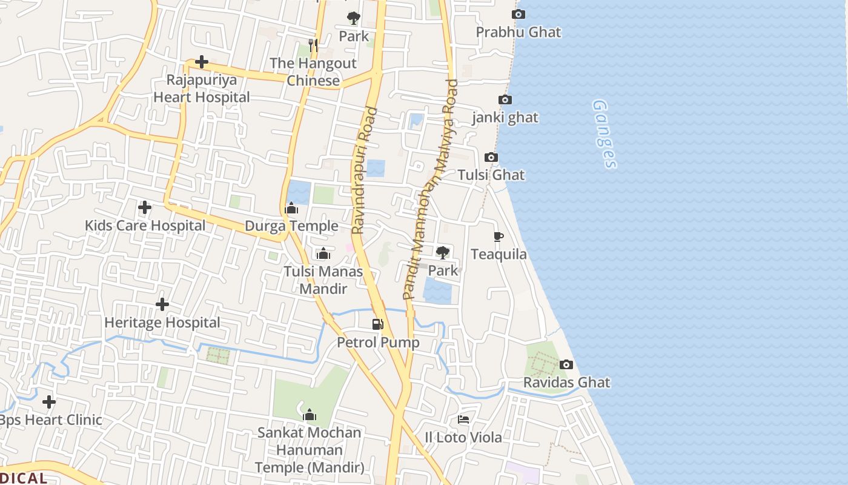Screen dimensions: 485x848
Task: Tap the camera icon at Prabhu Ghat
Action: click(x=518, y=15)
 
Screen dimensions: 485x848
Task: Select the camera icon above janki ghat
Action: click(x=505, y=100)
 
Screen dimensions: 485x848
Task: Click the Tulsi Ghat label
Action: click(x=491, y=175)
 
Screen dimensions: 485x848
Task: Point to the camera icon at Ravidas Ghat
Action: click(x=566, y=364)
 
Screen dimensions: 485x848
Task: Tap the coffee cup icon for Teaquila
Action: click(x=499, y=236)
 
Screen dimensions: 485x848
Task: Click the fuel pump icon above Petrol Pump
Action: click(x=378, y=324)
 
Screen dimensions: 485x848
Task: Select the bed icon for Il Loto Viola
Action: click(x=463, y=420)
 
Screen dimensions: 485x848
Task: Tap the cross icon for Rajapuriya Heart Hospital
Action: click(x=201, y=62)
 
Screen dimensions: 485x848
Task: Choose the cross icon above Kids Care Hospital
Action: click(x=145, y=207)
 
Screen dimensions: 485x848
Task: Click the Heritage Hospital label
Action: click(x=162, y=323)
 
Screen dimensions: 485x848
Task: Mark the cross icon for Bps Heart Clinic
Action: click(x=49, y=402)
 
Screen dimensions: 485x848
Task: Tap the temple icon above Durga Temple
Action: click(x=291, y=209)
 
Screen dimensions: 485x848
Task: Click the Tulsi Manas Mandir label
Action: click(x=323, y=280)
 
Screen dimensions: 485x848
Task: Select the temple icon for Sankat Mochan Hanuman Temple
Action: click(x=310, y=415)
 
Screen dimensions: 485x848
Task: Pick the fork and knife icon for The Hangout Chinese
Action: click(x=313, y=45)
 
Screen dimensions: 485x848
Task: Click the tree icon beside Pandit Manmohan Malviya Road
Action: click(x=443, y=252)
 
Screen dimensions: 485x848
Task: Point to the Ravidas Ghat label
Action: click(x=566, y=383)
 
